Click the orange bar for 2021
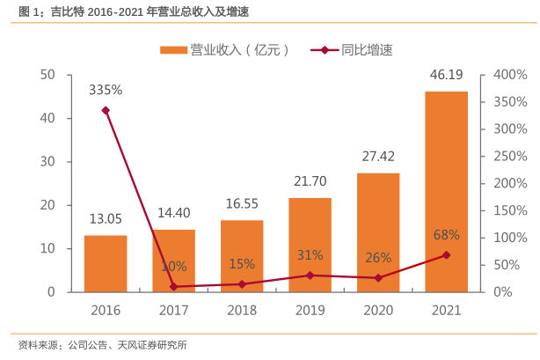(x=447, y=191)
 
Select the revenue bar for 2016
(x=106, y=263)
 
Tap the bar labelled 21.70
(x=310, y=244)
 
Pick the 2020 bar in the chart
(x=378, y=231)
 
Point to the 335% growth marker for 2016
(x=106, y=110)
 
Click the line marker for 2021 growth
(x=447, y=255)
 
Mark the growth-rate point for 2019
(x=310, y=276)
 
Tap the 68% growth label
(x=447, y=235)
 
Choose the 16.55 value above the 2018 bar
(x=242, y=204)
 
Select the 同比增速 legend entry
(x=352, y=49)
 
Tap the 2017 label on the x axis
(x=173, y=310)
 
